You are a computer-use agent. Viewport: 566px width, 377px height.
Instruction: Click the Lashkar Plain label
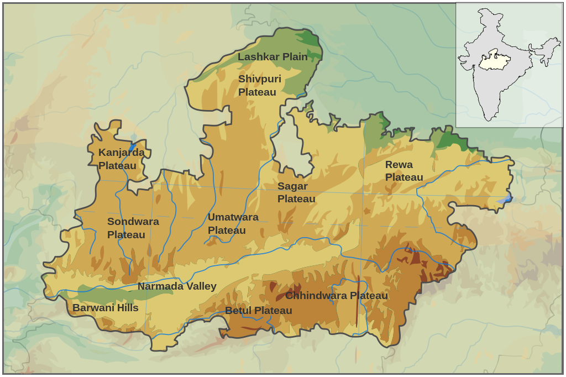(x=272, y=57)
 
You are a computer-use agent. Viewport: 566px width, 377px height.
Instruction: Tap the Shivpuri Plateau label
(x=259, y=86)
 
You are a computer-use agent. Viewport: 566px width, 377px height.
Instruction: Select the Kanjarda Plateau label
(x=121, y=159)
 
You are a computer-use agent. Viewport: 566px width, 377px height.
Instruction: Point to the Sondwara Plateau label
(x=133, y=228)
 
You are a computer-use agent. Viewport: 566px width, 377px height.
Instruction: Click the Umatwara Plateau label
(x=233, y=223)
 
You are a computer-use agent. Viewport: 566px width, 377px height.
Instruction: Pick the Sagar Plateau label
(x=296, y=192)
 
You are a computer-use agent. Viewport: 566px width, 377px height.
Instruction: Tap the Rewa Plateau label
(x=403, y=171)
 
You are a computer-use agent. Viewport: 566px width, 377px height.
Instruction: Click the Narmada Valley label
(x=177, y=286)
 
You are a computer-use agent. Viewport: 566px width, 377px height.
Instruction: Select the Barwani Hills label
(x=105, y=308)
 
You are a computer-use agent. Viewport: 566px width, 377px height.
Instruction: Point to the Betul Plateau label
(x=258, y=311)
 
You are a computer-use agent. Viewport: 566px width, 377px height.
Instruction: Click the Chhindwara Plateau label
(x=336, y=296)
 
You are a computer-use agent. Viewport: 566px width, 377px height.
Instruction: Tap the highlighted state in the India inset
(x=494, y=60)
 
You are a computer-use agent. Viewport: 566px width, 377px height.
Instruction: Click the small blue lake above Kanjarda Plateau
(x=133, y=138)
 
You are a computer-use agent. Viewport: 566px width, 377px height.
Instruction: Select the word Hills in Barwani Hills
(x=124, y=308)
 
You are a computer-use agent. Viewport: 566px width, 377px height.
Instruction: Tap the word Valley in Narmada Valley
(x=201, y=286)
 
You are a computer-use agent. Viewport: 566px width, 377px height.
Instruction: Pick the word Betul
(x=237, y=311)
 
